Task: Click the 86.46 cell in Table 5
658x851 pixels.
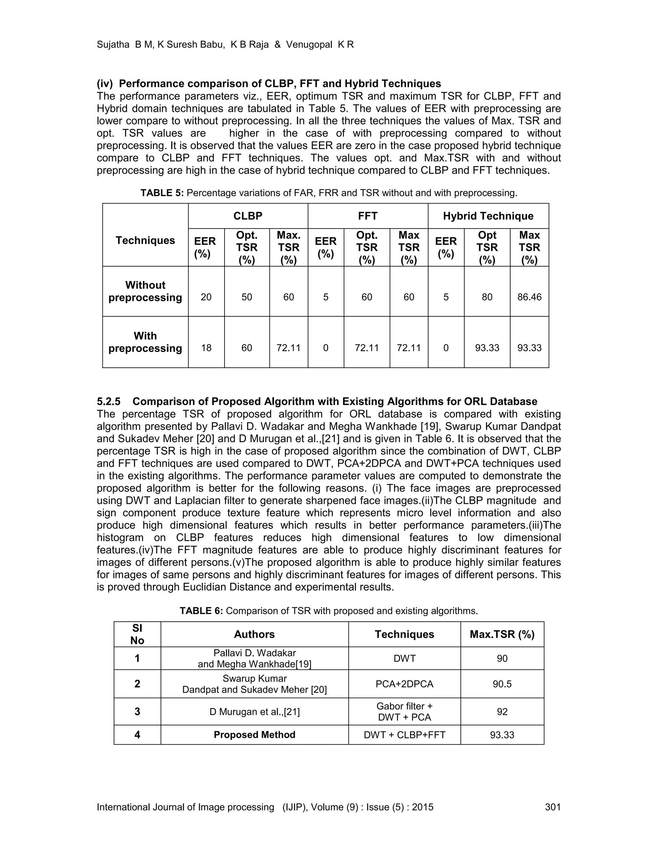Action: (x=529, y=297)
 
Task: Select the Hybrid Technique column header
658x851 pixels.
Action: (x=488, y=216)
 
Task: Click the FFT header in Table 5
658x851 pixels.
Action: (x=368, y=216)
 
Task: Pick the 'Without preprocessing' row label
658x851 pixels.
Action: (x=145, y=292)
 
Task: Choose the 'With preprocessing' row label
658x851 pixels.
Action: (x=145, y=342)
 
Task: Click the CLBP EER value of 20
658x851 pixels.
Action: (x=206, y=297)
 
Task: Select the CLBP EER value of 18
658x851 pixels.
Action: (x=206, y=348)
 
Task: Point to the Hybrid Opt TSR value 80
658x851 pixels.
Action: (x=487, y=297)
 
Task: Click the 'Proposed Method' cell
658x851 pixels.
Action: (x=254, y=735)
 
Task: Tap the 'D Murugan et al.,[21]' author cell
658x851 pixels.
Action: (x=254, y=712)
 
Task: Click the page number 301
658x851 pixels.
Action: (x=552, y=807)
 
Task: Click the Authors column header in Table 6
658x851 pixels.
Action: (x=254, y=634)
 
